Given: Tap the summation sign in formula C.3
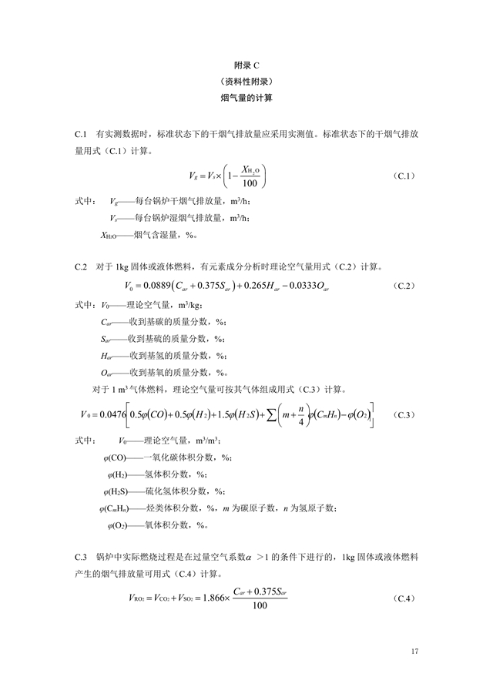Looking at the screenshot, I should [x=274, y=415].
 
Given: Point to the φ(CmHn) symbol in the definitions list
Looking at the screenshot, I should [x=114, y=508].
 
